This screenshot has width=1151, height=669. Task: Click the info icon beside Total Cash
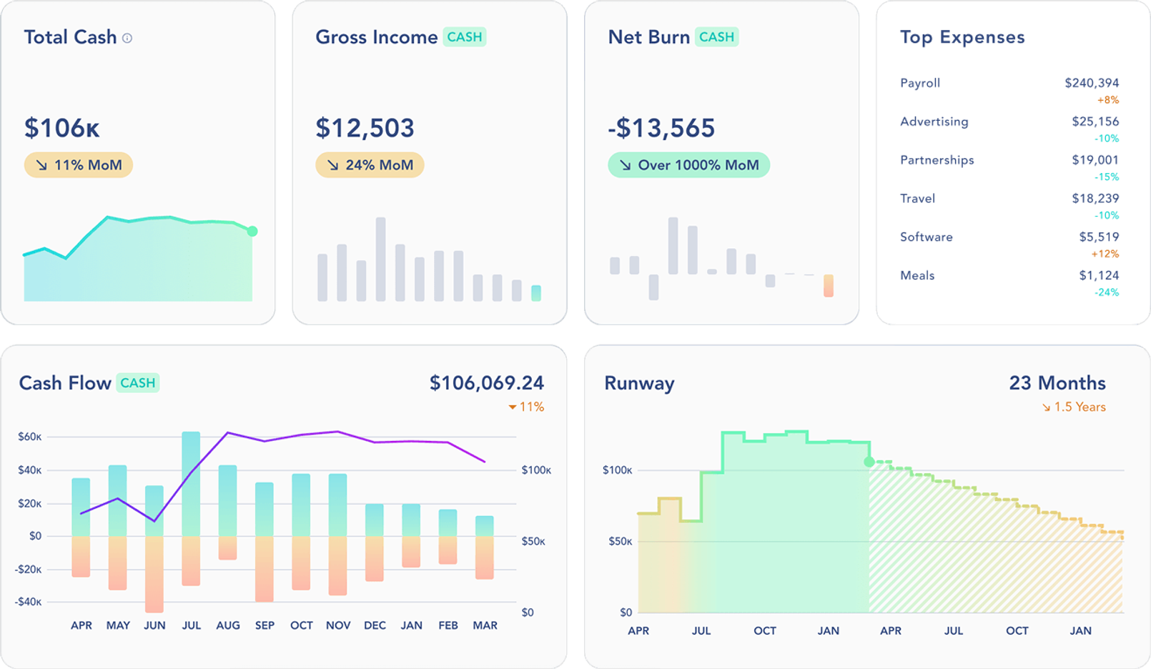[x=127, y=39]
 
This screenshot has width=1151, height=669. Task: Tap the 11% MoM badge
[x=79, y=165]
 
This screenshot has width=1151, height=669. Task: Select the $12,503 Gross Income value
[x=365, y=129]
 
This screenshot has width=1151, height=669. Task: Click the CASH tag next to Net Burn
[x=716, y=37]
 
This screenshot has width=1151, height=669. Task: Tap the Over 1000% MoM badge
[x=688, y=165]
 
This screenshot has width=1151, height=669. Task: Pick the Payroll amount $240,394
[x=1092, y=83]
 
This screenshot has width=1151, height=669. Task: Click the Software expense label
[x=926, y=237]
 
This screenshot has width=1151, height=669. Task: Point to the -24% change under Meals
[x=1106, y=292]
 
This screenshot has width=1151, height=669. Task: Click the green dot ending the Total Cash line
[x=252, y=231]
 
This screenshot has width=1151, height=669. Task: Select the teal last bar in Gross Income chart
[x=536, y=292]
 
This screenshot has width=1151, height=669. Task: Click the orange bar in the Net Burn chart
[x=828, y=286]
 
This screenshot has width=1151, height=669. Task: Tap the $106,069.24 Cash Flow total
[x=486, y=383]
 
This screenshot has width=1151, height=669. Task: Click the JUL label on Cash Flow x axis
[x=191, y=625]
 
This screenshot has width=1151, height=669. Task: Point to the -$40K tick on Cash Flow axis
[x=29, y=602]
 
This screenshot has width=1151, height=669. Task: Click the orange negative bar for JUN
[x=154, y=573]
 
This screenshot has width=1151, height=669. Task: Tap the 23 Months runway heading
[x=1057, y=383]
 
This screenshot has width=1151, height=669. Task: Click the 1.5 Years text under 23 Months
[x=1080, y=407]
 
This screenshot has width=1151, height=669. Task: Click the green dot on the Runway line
[x=869, y=462]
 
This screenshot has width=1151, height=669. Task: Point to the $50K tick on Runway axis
[x=620, y=541]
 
